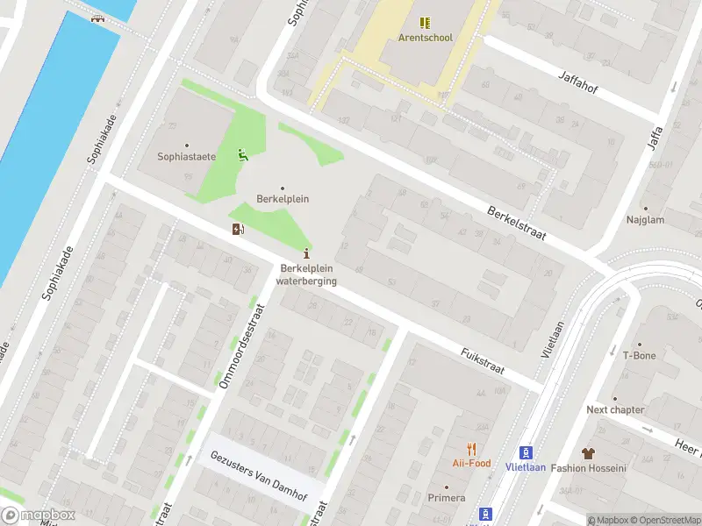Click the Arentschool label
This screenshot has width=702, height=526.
point(425,38)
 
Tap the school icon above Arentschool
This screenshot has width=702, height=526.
point(425,23)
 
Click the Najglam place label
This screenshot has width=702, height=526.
point(644,220)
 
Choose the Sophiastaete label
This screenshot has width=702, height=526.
point(186,158)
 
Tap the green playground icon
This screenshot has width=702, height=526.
point(242,156)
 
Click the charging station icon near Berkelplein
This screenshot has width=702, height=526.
point(237,230)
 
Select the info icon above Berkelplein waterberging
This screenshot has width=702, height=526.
point(305,253)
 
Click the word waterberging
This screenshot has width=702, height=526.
point(306,281)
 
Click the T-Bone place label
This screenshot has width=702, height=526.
point(639,356)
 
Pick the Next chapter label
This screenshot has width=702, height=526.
point(615,409)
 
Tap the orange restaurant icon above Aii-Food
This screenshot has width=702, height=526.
point(471,448)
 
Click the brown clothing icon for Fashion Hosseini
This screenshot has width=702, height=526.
point(587,453)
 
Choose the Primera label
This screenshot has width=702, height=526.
point(446,498)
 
